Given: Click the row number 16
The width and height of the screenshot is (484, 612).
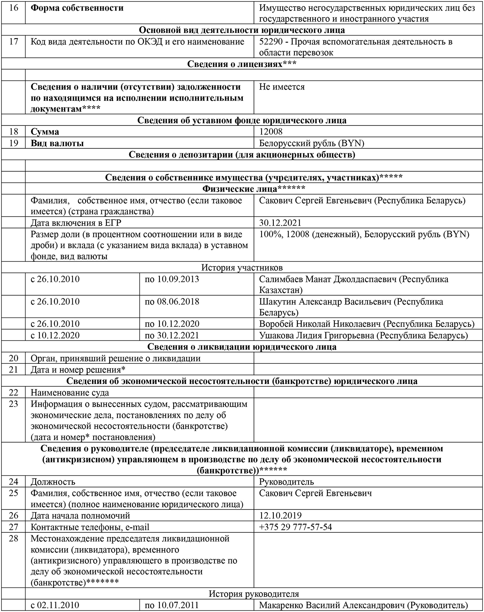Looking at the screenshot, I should pos(13,8).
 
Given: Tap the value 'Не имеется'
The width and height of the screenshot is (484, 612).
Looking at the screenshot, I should pos(282,87).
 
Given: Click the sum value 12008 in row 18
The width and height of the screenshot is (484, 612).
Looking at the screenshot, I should pos(271,132).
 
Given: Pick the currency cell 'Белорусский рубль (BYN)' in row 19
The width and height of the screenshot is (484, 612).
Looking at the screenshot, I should pos(312,143).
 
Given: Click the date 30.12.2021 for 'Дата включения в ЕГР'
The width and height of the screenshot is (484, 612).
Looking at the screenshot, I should pos(280,223).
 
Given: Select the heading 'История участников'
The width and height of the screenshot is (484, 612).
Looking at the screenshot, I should pos(242,268).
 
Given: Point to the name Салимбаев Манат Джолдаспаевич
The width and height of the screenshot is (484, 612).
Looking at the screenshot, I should pos(328,279).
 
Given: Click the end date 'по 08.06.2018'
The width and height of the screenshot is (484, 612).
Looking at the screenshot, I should pos(172,302).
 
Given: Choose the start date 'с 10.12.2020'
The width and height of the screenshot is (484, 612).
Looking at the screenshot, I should pos(55,335).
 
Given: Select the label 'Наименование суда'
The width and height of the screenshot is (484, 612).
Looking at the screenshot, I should pos(70,393).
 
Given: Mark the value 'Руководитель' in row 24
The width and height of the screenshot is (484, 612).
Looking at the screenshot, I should pos(286,482).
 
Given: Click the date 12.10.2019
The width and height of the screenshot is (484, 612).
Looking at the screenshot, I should pos(280,516).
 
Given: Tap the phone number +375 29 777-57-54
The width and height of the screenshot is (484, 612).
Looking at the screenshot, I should pos(295,527).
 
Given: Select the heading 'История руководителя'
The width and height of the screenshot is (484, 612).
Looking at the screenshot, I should pos(253,594).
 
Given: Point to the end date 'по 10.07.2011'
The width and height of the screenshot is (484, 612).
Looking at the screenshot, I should pos(172,605).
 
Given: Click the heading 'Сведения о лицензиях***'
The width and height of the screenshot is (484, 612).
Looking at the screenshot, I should pos(242,64).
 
